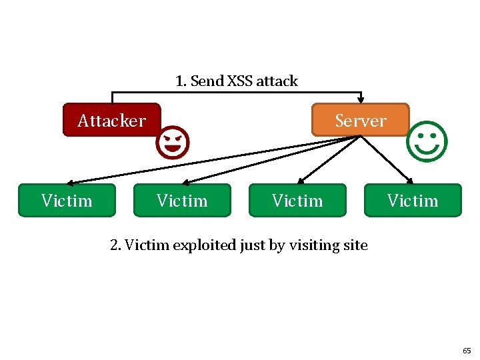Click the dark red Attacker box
pos(111,120)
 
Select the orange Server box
pos(360,120)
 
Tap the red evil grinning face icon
pos(173,142)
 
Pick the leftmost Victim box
pos(67,201)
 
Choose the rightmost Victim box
pos(413,201)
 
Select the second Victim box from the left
pos(182,201)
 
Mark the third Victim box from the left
pos(297,201)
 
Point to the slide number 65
pos(466,350)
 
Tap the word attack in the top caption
pos(277,81)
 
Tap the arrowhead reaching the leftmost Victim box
pos(70,182)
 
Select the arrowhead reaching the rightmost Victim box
pos(411,181)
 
